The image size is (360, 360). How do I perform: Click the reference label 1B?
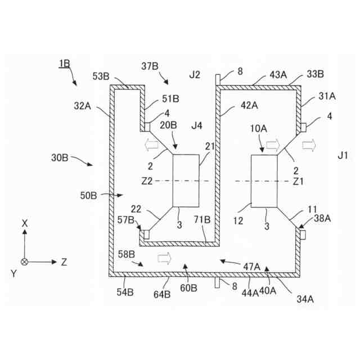pyautogui.click(x=64, y=64)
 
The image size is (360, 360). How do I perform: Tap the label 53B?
pyautogui.click(x=101, y=76)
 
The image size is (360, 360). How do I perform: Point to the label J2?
pyautogui.click(x=195, y=74)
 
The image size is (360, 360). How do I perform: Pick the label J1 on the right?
pyautogui.click(x=342, y=154)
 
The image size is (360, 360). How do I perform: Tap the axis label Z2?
pyautogui.click(x=147, y=181)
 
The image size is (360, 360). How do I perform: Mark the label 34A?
pyautogui.click(x=304, y=299)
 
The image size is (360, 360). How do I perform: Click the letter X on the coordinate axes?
pyautogui.click(x=25, y=223)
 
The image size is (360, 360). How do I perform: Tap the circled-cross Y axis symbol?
pyautogui.click(x=25, y=262)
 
